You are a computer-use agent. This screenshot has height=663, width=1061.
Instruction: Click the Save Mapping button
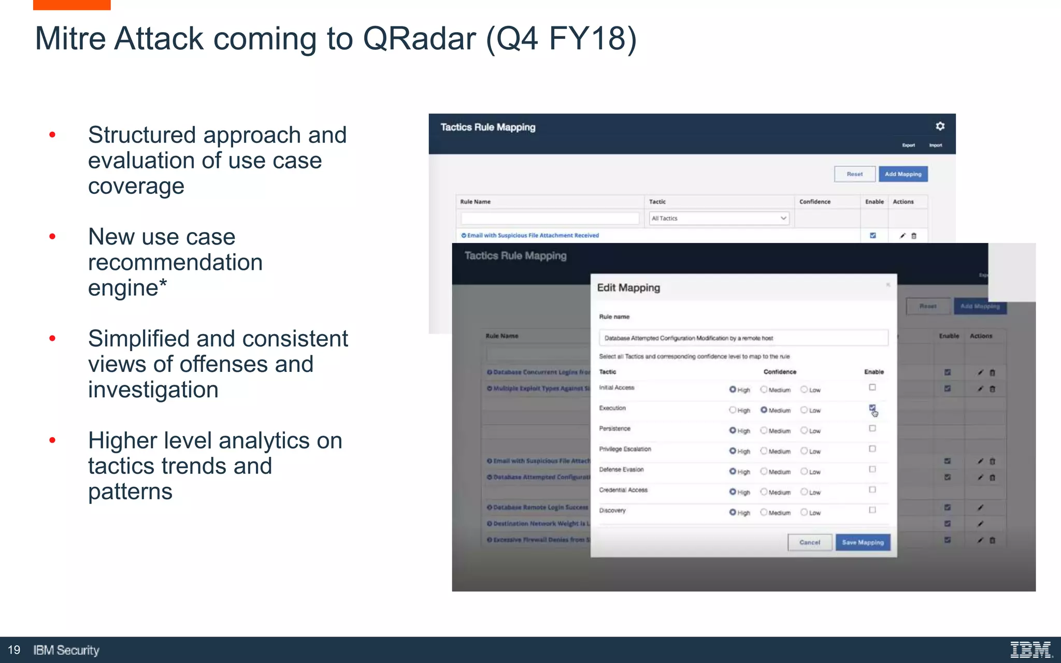(x=863, y=542)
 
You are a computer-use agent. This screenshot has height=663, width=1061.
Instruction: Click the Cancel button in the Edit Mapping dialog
(x=809, y=542)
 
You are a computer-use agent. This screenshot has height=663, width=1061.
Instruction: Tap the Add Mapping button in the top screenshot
(x=903, y=174)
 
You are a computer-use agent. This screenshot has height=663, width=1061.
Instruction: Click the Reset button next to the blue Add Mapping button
(x=854, y=174)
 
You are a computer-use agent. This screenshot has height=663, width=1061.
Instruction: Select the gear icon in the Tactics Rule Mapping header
(x=940, y=126)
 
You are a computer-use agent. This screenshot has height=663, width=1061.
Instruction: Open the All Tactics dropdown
(x=719, y=218)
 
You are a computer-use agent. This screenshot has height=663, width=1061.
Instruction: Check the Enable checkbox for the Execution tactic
(x=872, y=408)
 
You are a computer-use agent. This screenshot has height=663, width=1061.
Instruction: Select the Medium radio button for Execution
(x=764, y=410)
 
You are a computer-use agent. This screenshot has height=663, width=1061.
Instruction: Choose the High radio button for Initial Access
(x=733, y=390)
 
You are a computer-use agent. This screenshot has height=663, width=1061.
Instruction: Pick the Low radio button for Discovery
(x=804, y=512)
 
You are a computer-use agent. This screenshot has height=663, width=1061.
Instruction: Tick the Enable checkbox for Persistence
(x=872, y=428)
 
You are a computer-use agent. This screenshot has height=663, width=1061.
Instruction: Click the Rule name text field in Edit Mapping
(x=743, y=338)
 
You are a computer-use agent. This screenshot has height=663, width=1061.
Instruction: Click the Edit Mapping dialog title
(x=628, y=287)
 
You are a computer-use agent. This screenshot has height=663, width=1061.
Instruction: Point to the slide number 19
(x=14, y=650)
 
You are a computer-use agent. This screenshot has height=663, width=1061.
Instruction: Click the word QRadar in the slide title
(x=419, y=38)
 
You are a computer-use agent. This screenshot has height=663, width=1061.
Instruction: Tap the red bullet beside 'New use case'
(x=52, y=237)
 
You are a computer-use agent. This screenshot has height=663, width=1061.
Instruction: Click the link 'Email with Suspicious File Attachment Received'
(x=533, y=235)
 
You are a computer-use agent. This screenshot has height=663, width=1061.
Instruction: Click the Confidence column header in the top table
(x=814, y=201)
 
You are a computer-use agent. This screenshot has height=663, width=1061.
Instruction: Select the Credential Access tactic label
(x=623, y=490)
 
